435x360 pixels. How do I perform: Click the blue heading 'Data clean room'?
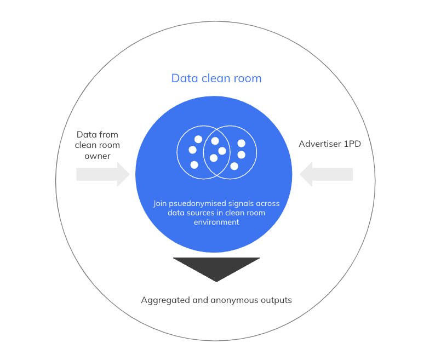pyautogui.click(x=216, y=78)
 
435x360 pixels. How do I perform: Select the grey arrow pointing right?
pyautogui.click(x=103, y=175)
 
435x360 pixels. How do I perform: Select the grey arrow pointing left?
pyautogui.click(x=326, y=174)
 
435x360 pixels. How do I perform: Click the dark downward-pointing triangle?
pyautogui.click(x=216, y=268)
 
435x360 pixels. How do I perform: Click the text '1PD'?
pyautogui.click(x=351, y=144)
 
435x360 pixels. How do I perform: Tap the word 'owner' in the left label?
pyautogui.click(x=98, y=156)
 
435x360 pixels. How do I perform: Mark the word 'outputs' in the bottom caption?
pyautogui.click(x=276, y=300)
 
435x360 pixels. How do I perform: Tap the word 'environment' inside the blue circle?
pyautogui.click(x=216, y=222)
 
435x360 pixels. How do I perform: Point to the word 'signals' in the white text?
pyautogui.click(x=243, y=204)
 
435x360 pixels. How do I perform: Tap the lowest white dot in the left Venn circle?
pyautogui.click(x=194, y=164)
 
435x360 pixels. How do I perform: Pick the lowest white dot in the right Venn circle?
pyautogui.click(x=234, y=166)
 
